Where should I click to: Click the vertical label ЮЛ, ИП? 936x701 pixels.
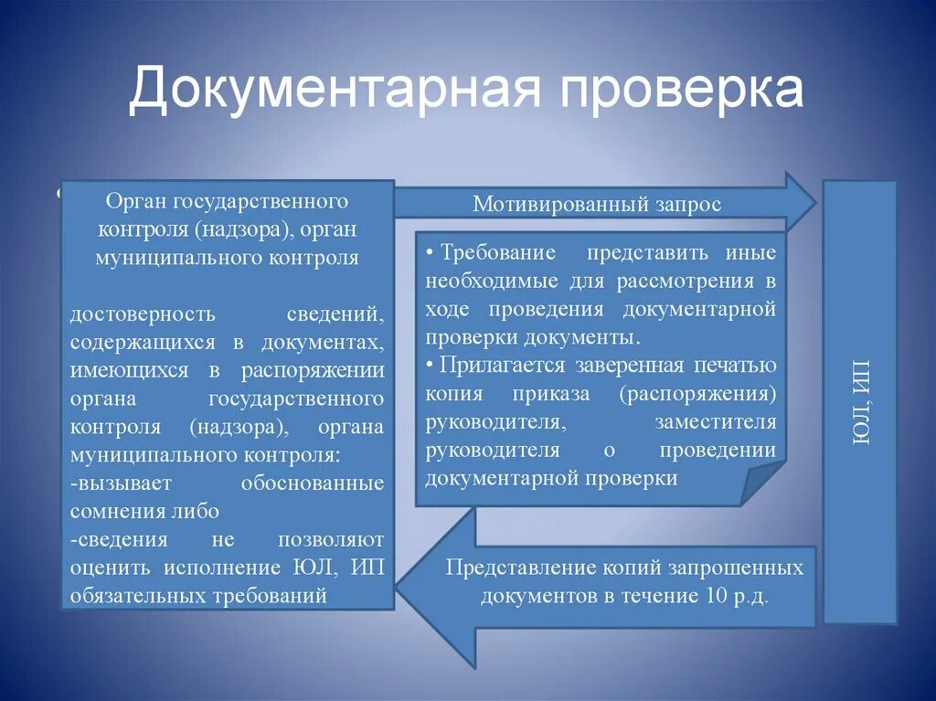click(x=860, y=402)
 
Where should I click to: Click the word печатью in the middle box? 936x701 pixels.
click(x=735, y=366)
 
